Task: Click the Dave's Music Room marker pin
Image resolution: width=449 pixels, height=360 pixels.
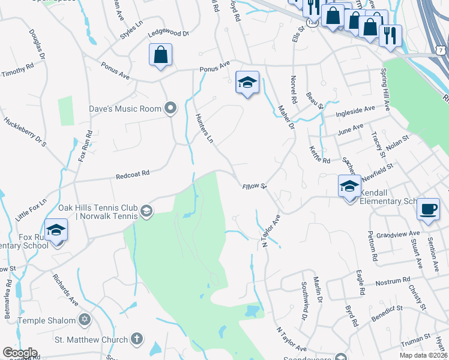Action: point(171,109)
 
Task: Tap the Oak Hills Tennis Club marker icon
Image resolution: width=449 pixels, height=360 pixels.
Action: point(146,211)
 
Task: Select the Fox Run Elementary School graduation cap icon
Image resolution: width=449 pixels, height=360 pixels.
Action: point(56,230)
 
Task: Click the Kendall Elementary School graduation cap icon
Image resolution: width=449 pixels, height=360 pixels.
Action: point(348,186)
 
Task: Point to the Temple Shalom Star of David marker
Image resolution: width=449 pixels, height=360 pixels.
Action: point(84,319)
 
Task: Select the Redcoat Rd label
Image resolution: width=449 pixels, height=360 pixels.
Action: point(132,176)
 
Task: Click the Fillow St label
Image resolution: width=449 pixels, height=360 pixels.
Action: point(255,187)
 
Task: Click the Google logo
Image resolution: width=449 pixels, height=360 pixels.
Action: point(20,353)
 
